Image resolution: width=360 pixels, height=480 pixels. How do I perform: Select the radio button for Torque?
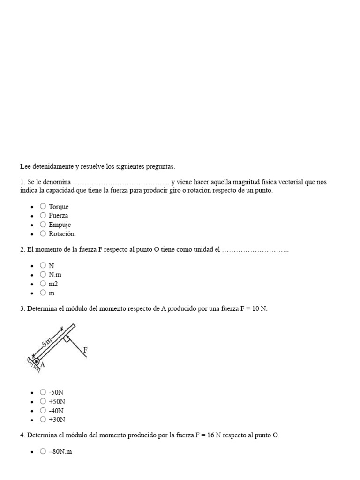[43, 206]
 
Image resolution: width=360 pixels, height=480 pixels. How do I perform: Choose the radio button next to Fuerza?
[43, 215]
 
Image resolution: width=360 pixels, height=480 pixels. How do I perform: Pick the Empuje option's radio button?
[43, 224]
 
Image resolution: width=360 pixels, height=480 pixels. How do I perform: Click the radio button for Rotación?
[43, 233]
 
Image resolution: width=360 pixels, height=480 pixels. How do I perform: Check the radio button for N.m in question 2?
[43, 274]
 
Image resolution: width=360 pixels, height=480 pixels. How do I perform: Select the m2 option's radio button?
[43, 283]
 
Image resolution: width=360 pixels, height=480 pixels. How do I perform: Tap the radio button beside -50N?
[43, 392]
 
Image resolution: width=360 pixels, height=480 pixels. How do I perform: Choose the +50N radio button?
[43, 401]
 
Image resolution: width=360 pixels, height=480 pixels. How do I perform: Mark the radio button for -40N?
[43, 410]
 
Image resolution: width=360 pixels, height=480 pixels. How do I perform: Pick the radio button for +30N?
[43, 419]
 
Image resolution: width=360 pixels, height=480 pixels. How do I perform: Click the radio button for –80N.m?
[43, 451]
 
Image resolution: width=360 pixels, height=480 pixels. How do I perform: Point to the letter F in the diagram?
[85, 350]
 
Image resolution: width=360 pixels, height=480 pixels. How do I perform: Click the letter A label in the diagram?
[43, 365]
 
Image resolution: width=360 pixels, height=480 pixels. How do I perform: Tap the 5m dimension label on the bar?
[47, 343]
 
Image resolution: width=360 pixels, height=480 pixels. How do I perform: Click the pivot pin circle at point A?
[36, 361]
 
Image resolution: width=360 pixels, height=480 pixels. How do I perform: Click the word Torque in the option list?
[59, 207]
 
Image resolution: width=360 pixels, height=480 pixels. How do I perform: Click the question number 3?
[22, 309]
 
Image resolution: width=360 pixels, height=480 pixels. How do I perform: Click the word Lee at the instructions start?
[25, 166]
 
